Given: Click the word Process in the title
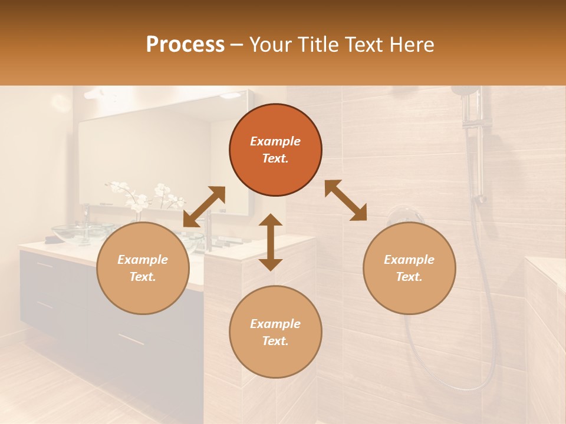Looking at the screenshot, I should [x=185, y=45].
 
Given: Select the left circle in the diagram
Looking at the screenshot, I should [x=143, y=268].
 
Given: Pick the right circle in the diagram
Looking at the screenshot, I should [x=409, y=268].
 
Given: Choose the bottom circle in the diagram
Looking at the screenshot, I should [x=275, y=332].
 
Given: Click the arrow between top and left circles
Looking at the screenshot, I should [x=204, y=207].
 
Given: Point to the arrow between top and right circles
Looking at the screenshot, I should [x=345, y=200].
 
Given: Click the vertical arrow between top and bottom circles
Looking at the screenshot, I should [x=271, y=242].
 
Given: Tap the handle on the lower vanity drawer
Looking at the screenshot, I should [x=130, y=339].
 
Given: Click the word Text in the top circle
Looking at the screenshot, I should [x=275, y=158].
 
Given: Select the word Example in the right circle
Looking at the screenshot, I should [x=409, y=260].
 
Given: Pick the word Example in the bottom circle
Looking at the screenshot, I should [x=275, y=324].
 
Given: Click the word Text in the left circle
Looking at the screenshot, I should [x=143, y=277].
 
